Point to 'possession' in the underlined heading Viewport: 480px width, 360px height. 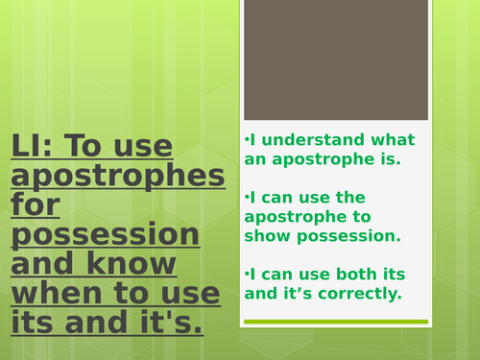click(106, 235)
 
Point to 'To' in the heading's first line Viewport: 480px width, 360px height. click(103, 146)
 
